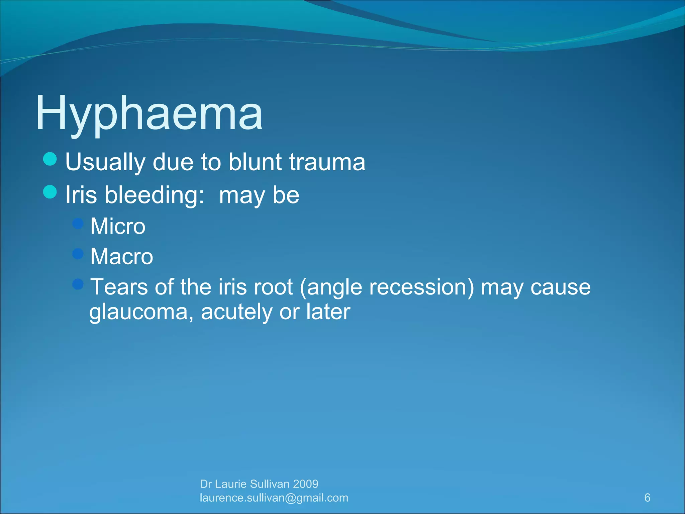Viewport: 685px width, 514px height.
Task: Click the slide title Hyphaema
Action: click(x=149, y=113)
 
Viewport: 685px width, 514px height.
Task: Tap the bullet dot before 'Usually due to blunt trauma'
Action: click(x=50, y=159)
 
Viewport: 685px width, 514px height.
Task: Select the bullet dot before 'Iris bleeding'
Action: click(x=50, y=192)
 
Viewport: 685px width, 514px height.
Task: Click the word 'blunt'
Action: click(x=255, y=162)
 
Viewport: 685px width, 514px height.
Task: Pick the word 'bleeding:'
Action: click(x=155, y=195)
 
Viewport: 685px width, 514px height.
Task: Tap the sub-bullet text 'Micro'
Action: click(x=118, y=226)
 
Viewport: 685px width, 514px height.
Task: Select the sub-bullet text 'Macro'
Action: click(x=121, y=257)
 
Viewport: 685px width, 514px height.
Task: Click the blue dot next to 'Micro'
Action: click(x=78, y=223)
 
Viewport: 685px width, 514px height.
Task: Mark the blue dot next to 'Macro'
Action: click(x=78, y=254)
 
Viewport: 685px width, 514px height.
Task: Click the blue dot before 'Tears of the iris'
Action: click(x=78, y=284)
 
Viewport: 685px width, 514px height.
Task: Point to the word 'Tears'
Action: click(x=119, y=287)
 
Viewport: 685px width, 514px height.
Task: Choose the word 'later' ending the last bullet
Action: click(x=328, y=312)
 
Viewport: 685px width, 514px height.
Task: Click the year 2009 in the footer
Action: click(x=305, y=484)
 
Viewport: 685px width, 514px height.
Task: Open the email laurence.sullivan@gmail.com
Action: click(x=274, y=498)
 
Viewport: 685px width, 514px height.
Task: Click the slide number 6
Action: click(x=647, y=498)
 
